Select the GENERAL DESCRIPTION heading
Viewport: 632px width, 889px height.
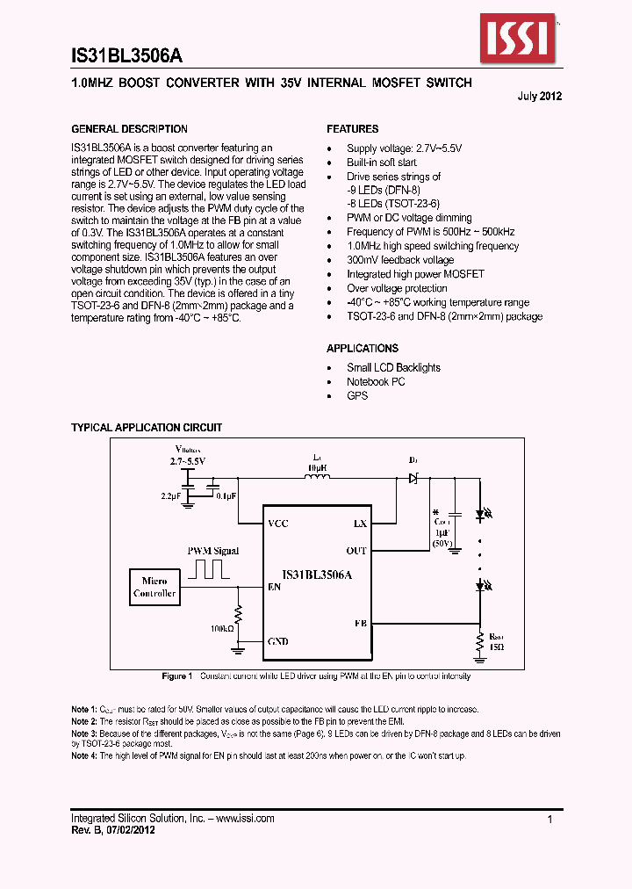[x=129, y=129]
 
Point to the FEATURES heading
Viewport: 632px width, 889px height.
[x=353, y=129]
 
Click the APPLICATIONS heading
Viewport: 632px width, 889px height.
[x=363, y=349]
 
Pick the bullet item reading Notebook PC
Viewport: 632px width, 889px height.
[x=376, y=382]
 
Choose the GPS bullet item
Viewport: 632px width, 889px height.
[x=357, y=396]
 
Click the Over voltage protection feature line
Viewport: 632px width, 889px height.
[x=397, y=288]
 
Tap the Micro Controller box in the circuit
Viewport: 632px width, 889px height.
[x=154, y=587]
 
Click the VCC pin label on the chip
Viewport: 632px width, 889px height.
[x=278, y=524]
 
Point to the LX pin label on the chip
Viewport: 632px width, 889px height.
[x=360, y=524]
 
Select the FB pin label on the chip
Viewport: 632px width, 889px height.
[x=360, y=622]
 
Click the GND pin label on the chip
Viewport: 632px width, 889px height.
[x=278, y=642]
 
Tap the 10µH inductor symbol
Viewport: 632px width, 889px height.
[x=316, y=477]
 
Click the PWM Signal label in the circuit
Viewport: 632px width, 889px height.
[x=213, y=551]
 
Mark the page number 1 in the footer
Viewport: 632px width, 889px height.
[x=549, y=819]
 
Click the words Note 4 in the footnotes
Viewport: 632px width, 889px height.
[x=85, y=756]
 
